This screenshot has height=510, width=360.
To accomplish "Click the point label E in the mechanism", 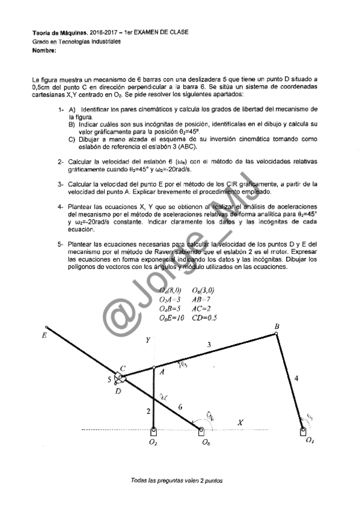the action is [44, 336].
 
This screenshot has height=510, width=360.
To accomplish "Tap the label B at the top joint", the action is [276, 327].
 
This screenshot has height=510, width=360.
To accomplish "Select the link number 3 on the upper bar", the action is [209, 345].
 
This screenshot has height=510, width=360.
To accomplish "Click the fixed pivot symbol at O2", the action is [154, 431].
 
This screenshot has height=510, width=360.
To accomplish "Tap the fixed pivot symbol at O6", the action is [201, 431].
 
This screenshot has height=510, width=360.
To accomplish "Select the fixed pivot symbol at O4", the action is [302, 430].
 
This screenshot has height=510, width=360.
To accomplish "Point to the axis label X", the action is [240, 423].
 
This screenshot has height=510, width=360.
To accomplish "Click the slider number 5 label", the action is [109, 379].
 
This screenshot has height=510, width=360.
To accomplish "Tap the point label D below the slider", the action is [118, 391].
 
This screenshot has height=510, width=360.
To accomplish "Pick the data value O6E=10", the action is [173, 317].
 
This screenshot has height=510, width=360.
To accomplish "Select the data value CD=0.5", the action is [205, 317].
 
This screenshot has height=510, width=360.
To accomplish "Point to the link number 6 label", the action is [180, 407].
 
